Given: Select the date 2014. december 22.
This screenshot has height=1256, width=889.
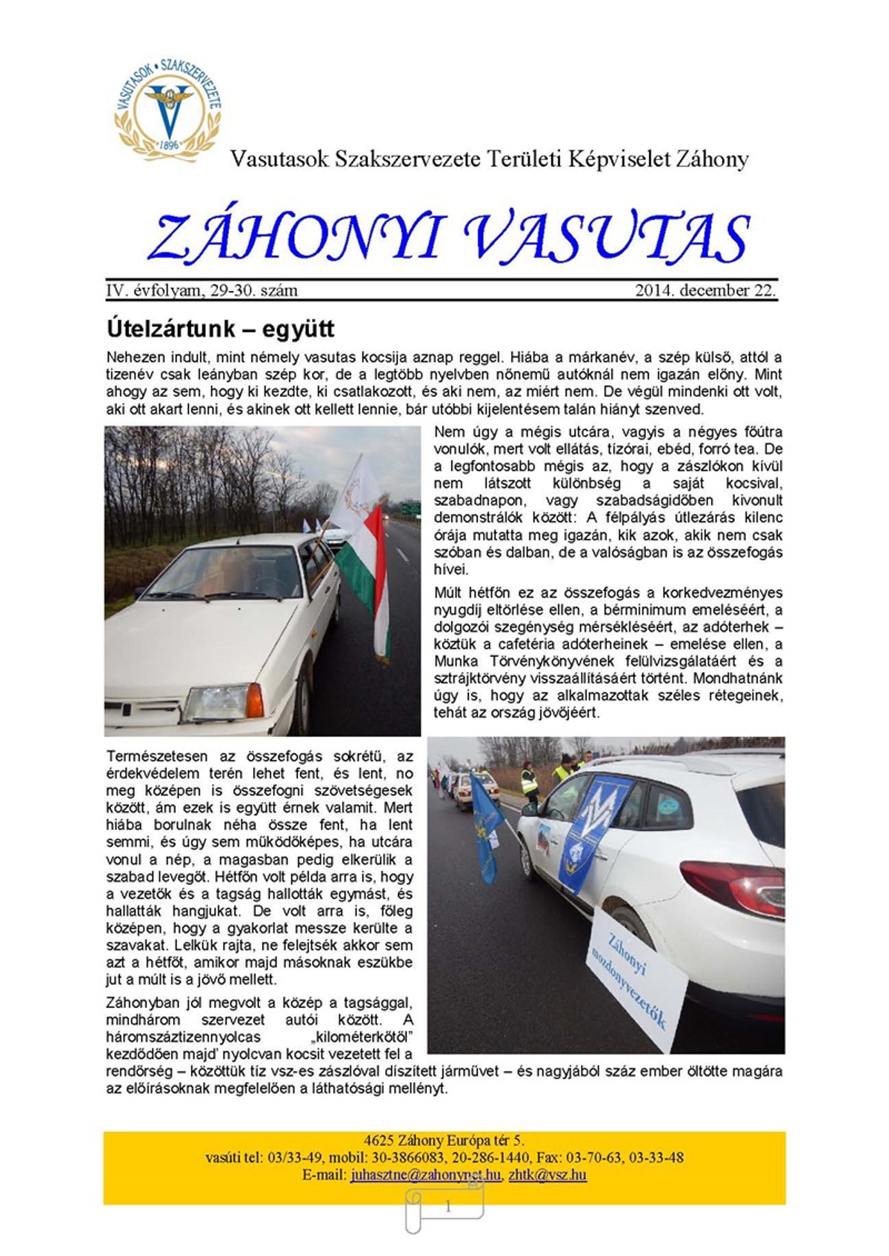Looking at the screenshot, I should [x=705, y=290].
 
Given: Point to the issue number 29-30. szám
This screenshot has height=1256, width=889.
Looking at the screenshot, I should [x=254, y=290].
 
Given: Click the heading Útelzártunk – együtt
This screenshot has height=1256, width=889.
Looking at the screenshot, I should [x=220, y=328].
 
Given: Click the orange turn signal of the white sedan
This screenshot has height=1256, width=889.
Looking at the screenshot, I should [x=254, y=699].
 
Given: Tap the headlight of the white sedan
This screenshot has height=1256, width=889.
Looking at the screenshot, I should [x=216, y=703].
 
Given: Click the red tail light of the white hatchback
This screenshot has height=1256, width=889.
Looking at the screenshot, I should [x=733, y=886].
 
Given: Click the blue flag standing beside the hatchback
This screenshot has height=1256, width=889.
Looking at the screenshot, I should [x=485, y=829].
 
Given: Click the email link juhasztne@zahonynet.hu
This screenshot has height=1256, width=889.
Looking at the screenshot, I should [x=426, y=1175].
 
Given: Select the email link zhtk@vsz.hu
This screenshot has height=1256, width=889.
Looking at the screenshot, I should [x=547, y=1175].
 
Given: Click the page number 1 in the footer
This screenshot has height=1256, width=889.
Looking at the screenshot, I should [x=447, y=1207].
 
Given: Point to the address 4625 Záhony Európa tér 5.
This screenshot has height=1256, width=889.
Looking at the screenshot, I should [x=444, y=1140].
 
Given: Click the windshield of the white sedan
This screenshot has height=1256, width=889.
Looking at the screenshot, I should [x=222, y=572].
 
